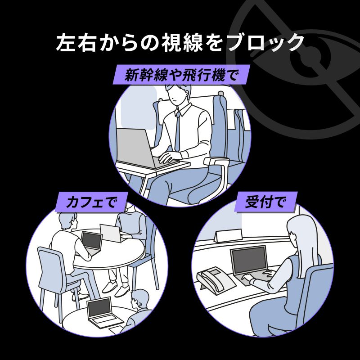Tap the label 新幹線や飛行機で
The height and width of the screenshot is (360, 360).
(180, 75)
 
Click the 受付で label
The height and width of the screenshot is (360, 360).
(265, 202)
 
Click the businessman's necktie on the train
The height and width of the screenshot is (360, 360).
(178, 130)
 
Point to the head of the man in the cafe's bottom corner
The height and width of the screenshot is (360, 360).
(141, 298)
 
